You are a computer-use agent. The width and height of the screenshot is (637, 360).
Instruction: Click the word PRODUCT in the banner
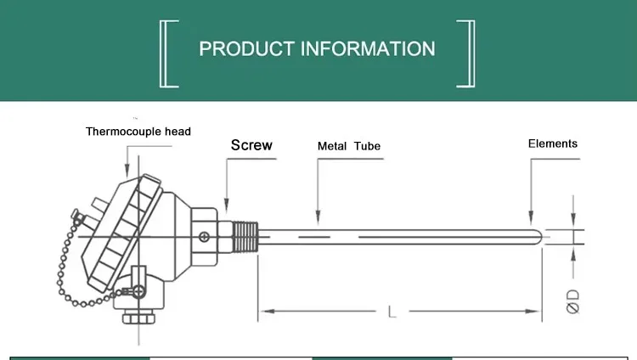(246, 48)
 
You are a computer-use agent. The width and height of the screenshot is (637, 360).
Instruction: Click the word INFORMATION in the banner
(367, 48)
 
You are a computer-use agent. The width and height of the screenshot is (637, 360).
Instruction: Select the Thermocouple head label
(138, 132)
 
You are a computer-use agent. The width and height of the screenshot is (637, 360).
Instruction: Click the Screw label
(251, 145)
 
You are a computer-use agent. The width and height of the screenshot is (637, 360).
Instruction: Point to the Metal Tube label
(349, 146)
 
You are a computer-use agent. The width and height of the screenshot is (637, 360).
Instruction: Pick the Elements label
(553, 143)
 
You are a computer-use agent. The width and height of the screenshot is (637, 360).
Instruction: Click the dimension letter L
(392, 312)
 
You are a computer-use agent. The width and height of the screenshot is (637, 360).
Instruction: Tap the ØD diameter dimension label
(573, 302)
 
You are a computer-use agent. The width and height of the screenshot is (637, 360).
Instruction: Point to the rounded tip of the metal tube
(537, 234)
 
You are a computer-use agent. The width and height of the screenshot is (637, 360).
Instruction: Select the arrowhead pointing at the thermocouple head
(127, 175)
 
